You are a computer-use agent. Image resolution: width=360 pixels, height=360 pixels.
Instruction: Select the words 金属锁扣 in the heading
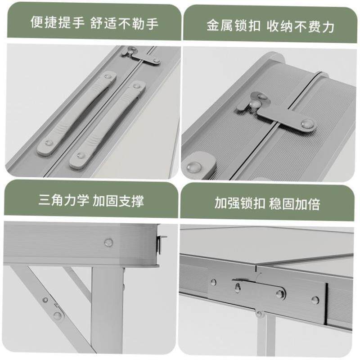click(233, 26)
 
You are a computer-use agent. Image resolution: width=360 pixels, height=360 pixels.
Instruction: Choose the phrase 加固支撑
click(119, 201)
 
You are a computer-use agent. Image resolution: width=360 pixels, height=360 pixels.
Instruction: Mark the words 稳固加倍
click(295, 203)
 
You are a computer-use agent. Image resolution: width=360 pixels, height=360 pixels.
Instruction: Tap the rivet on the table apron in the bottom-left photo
click(108, 242)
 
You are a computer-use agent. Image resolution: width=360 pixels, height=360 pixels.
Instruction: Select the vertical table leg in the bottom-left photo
click(107, 310)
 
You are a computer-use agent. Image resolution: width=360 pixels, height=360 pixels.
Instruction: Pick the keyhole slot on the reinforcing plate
click(237, 285)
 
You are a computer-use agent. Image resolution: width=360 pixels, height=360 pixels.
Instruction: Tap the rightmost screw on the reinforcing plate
click(315, 300)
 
